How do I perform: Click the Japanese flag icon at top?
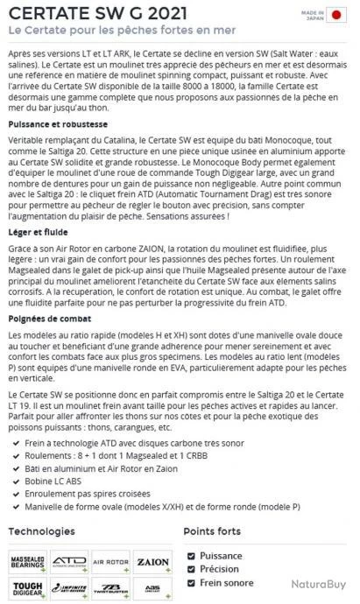pyautogui.click(x=337, y=14)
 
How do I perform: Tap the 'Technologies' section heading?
pyautogui.click(x=47, y=531)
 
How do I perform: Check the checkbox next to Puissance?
pyautogui.click(x=193, y=555)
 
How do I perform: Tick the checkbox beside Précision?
pyautogui.click(x=193, y=569)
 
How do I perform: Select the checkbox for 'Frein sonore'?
pyautogui.click(x=193, y=583)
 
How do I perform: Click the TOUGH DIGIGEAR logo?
pyautogui.click(x=28, y=587)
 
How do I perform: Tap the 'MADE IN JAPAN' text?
pyautogui.click(x=314, y=14)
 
